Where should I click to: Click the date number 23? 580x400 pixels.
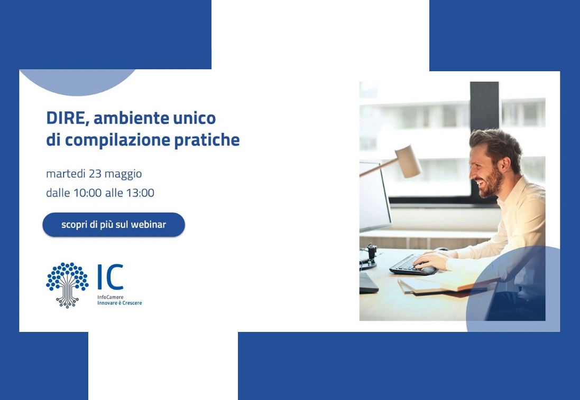click(x=95, y=174)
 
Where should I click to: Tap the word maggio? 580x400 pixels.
click(x=123, y=174)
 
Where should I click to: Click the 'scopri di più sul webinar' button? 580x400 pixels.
click(x=114, y=225)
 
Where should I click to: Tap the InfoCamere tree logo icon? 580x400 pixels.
click(x=67, y=285)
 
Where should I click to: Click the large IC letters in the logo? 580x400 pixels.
click(x=110, y=277)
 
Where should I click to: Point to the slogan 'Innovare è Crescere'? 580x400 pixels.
click(x=119, y=303)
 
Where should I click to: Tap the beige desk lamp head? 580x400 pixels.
click(x=408, y=161)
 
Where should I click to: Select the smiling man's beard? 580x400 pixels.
click(x=492, y=183)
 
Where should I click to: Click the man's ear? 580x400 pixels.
click(x=505, y=165)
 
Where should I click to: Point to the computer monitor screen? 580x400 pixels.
click(x=374, y=196)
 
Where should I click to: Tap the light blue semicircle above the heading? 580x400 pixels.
click(x=78, y=82)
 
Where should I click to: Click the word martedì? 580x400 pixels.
click(x=66, y=174)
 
